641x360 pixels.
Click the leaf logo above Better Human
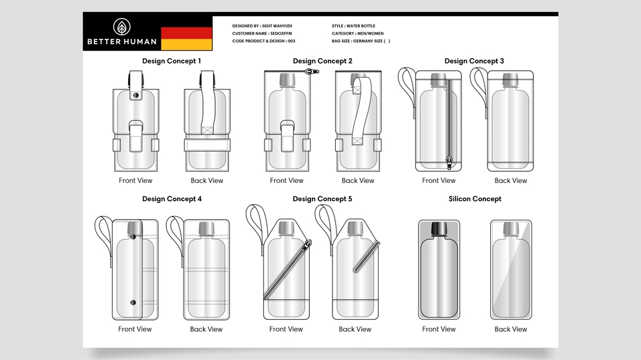[x=122, y=27]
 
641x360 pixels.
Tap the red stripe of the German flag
[x=187, y=33]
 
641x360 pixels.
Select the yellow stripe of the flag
[x=187, y=45]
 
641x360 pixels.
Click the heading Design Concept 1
[x=172, y=61]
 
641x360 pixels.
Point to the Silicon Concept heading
[x=475, y=199]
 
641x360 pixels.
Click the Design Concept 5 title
[x=322, y=199]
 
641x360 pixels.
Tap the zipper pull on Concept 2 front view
[x=312, y=71]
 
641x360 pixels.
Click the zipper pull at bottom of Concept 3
[x=449, y=162]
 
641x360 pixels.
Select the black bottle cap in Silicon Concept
[x=439, y=228]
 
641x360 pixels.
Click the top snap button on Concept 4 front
[x=133, y=236]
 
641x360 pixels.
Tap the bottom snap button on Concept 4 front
[x=133, y=303]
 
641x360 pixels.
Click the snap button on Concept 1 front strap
[x=136, y=96]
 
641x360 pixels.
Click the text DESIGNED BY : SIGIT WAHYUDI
[x=262, y=26]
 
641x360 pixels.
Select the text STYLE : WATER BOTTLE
[x=353, y=26]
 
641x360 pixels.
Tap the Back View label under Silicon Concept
[x=511, y=329]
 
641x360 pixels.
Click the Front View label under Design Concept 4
[x=135, y=329]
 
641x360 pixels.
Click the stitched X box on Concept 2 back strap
[x=358, y=142]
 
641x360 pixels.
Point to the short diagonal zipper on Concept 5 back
[x=367, y=257]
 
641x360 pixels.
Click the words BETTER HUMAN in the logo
[x=122, y=41]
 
